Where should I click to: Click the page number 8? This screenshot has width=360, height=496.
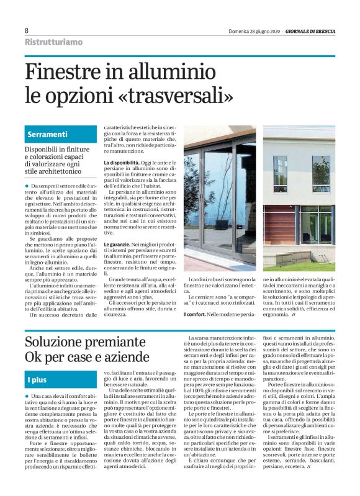tap(27, 30)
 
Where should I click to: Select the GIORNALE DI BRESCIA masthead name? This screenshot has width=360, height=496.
tap(310, 30)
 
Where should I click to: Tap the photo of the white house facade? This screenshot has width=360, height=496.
tap(299, 199)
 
